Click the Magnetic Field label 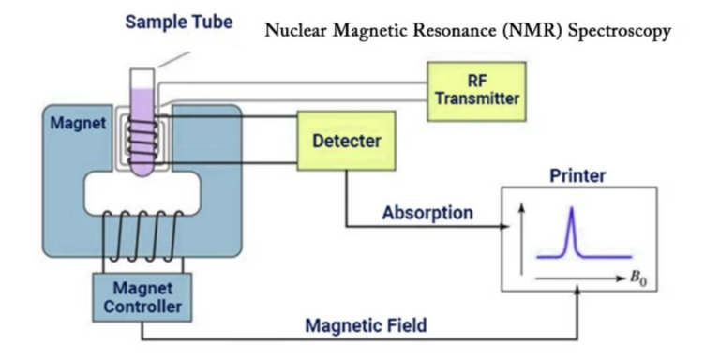[x=366, y=325]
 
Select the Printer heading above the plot [x=578, y=175]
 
